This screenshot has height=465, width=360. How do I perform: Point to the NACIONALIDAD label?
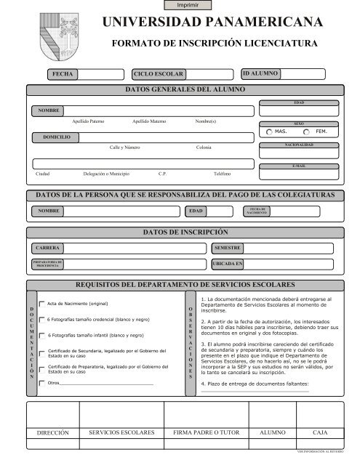click(298, 145)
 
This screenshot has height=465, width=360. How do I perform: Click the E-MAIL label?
click(298, 166)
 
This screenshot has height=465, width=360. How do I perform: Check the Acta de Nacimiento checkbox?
click(41, 302)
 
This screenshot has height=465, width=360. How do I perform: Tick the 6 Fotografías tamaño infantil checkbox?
click(41, 335)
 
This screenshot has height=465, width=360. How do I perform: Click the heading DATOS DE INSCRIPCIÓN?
click(182, 231)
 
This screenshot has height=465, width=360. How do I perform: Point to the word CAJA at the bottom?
click(320, 432)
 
